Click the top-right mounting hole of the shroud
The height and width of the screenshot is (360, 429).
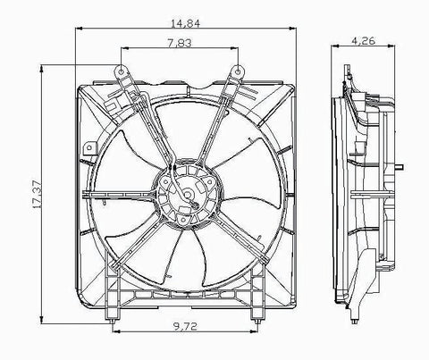point(240,69)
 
